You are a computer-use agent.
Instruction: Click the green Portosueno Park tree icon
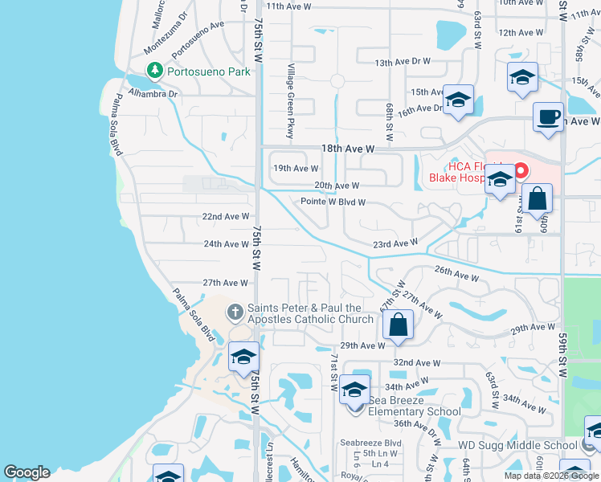[x=154, y=71]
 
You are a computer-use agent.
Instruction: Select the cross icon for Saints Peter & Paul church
[x=235, y=312]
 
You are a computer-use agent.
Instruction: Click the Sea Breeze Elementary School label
[x=415, y=406]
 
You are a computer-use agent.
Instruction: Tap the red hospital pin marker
[x=521, y=171]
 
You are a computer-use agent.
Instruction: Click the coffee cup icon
[x=549, y=117]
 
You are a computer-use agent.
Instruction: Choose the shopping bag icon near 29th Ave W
[x=397, y=325]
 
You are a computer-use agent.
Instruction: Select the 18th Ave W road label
[x=348, y=149]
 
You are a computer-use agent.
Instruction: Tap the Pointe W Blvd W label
[x=333, y=202]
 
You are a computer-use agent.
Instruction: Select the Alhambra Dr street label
[x=156, y=93]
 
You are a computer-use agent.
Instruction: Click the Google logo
[x=27, y=472]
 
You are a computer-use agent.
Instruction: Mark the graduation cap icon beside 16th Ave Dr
[x=458, y=100]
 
